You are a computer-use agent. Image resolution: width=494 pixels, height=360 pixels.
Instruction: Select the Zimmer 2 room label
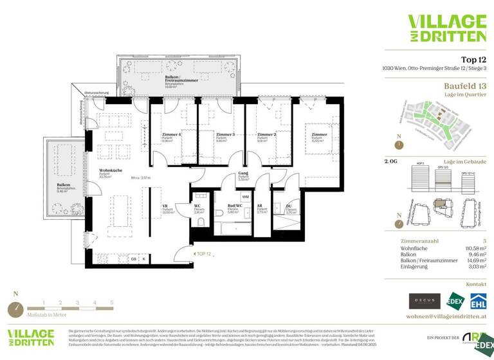click(266, 134)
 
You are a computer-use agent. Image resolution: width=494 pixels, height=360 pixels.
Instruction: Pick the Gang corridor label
click(242, 174)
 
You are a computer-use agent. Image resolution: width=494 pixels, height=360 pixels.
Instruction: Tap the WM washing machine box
click(246, 196)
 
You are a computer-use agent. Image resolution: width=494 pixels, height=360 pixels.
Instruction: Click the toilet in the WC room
click(201, 222)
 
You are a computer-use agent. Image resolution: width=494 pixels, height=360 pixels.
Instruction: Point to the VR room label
click(165, 206)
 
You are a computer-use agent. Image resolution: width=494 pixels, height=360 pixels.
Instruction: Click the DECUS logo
click(425, 301)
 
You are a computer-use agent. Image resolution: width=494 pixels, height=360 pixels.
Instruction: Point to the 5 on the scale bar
click(111, 301)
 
